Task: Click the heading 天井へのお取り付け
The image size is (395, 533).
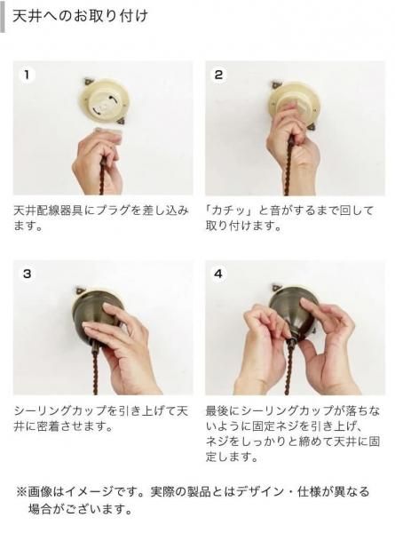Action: (80, 16)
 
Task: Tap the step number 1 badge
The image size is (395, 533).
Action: (27, 75)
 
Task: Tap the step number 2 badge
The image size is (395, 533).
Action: (218, 75)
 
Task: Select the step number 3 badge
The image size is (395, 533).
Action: (27, 274)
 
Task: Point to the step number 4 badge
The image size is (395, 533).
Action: (218, 274)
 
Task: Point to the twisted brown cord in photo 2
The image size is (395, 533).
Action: (288, 167)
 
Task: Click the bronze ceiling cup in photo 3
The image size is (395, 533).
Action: (96, 313)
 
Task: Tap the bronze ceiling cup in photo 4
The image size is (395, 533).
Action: (294, 312)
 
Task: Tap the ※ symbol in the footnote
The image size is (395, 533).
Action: (21, 492)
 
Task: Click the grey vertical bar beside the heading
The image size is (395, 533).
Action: (3, 16)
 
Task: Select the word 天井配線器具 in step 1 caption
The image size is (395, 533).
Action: (49, 211)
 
